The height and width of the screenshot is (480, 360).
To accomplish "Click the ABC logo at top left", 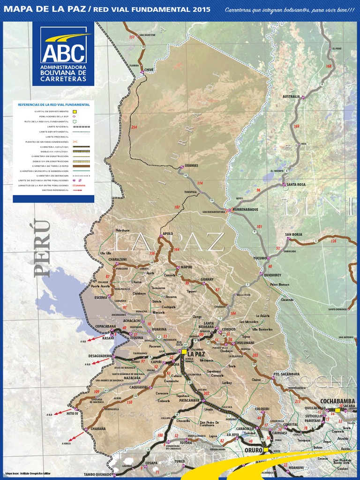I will click(63, 54).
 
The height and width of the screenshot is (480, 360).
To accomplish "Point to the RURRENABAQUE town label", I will click(246, 210).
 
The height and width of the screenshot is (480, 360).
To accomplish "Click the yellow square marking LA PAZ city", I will click(184, 351).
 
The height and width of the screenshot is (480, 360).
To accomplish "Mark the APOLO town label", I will click(168, 233).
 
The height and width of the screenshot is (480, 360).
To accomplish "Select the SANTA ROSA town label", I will click(296, 185).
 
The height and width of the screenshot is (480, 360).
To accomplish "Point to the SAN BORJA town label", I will click(293, 234).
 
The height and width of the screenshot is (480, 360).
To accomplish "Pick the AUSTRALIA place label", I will click(291, 97).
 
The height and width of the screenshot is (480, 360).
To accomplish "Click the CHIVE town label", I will click(149, 69).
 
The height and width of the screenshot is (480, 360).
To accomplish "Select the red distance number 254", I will click(135, 127).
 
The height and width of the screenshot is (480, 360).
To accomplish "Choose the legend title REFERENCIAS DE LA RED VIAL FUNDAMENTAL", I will click(53, 105).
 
